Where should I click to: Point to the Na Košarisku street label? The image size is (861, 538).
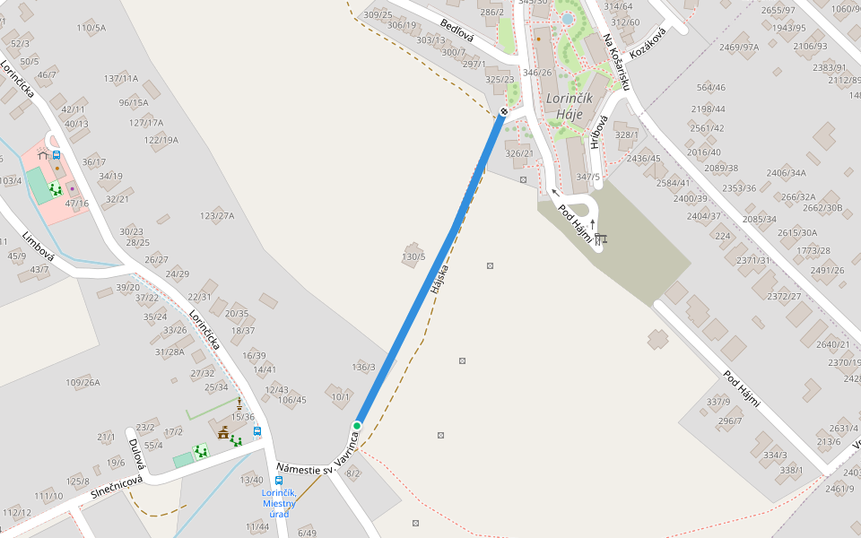(x=619, y=62)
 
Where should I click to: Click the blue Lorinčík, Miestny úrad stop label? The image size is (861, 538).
(x=278, y=503)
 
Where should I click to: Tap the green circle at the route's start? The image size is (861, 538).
(x=357, y=425)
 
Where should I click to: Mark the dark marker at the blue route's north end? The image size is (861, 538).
(x=504, y=111)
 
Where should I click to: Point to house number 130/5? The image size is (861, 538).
(x=413, y=257)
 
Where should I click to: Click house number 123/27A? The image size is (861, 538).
(x=217, y=216)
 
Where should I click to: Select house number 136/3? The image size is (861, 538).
(x=363, y=367)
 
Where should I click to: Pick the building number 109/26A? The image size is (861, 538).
(x=83, y=383)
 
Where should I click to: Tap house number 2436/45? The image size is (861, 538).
(x=643, y=159)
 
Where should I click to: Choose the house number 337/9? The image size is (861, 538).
(x=718, y=401)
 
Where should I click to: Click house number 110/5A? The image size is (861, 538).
(x=91, y=28)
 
